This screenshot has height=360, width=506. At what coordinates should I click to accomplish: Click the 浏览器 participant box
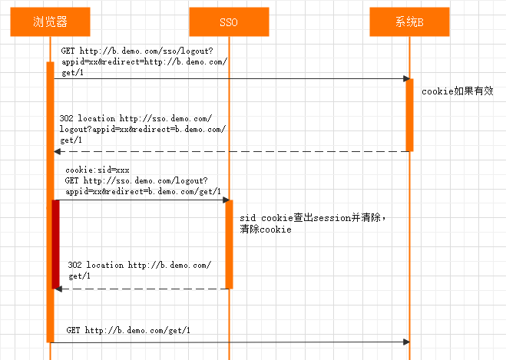(50, 22)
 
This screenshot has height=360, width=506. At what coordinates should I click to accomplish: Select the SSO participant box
(229, 22)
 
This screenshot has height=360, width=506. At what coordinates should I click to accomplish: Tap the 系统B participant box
(409, 22)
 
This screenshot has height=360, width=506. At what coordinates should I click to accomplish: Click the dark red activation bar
(55, 243)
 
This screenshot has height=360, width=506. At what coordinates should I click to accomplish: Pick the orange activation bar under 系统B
(409, 114)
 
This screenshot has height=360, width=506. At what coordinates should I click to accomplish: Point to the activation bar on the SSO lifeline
(229, 243)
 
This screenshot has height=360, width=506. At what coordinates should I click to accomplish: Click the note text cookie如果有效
(457, 91)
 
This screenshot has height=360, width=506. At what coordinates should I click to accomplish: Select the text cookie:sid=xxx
(97, 170)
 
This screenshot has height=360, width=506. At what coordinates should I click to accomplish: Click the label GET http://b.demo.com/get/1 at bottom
(128, 331)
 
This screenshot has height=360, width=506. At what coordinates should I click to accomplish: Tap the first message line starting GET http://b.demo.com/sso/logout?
(137, 51)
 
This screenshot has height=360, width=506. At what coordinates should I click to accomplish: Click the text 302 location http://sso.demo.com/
(136, 119)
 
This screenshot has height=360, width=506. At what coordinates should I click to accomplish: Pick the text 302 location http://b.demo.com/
(139, 265)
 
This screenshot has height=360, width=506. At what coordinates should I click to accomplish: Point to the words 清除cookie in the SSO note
(265, 230)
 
